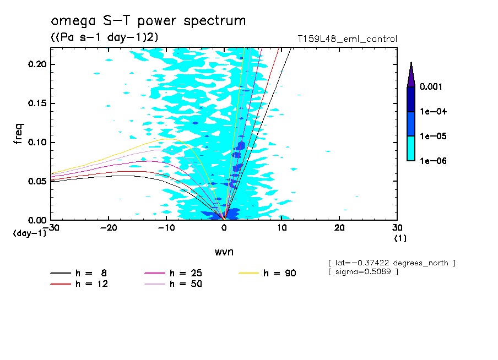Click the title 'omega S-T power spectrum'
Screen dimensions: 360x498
148,21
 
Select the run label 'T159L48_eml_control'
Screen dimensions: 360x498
347,39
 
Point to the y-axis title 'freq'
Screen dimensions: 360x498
19,133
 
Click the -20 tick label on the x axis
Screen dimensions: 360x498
109,227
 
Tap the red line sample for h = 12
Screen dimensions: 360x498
61,284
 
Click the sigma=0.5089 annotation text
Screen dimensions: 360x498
363,272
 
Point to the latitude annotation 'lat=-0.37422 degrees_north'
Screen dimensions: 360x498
392,263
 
